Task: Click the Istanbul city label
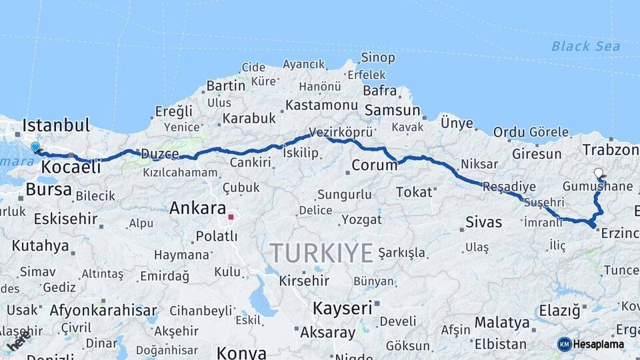[56, 125]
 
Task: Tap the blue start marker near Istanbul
[35, 147]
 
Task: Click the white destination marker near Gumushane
[598, 173]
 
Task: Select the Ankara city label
[197, 207]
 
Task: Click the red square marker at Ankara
[231, 217]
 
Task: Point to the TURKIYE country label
[321, 253]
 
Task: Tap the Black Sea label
[585, 46]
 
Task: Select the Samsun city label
[392, 111]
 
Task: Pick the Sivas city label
[483, 222]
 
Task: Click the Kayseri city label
[342, 308]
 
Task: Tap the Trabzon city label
[610, 149]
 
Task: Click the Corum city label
[374, 165]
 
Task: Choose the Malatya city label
[501, 323]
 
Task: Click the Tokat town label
[414, 192]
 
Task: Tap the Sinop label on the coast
[378, 57]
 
